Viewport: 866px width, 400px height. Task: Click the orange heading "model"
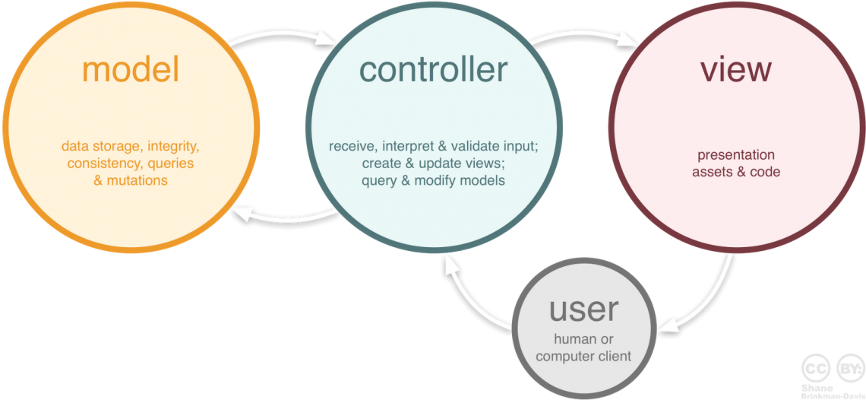pos(131,70)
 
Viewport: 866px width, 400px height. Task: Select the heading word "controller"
pos(433,70)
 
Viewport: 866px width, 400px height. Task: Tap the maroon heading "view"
pos(735,70)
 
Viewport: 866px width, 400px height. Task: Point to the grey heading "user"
pos(583,310)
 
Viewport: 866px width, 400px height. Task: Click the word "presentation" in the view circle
pos(735,154)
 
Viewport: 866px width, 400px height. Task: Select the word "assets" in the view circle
pos(712,172)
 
